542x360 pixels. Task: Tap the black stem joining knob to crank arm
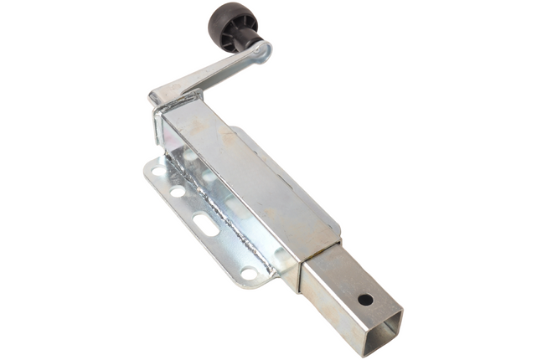coord(248,40)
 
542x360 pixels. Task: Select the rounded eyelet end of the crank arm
coord(262,52)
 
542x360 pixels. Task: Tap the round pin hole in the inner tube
coord(364,298)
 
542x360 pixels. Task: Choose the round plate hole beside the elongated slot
coord(178,192)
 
